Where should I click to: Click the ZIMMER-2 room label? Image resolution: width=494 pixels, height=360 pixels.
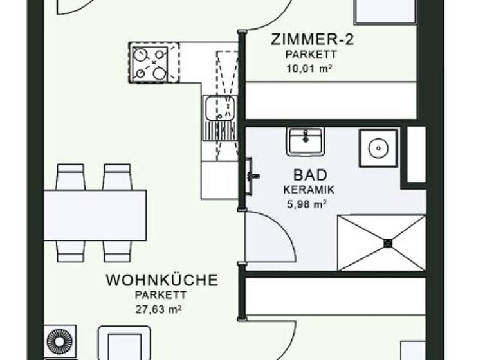(x=313, y=39)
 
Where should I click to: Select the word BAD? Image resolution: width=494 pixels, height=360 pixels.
(x=310, y=175)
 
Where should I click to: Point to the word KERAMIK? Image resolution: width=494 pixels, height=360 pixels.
(x=309, y=190)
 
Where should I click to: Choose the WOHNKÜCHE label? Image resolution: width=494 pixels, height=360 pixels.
(x=161, y=280)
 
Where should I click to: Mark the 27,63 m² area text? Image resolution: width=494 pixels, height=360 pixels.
(x=158, y=309)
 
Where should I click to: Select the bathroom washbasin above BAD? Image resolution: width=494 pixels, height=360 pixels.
(x=306, y=141)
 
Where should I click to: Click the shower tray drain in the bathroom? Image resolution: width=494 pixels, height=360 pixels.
(x=388, y=243)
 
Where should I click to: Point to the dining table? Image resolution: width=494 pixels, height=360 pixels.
(x=95, y=215)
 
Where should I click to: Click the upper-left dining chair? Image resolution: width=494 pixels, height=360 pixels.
(x=70, y=177)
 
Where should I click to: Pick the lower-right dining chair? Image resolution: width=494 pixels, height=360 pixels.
(x=117, y=251)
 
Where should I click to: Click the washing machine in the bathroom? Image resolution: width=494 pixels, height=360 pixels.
(x=378, y=147)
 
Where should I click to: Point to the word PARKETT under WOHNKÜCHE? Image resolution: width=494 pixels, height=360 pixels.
(x=160, y=295)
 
